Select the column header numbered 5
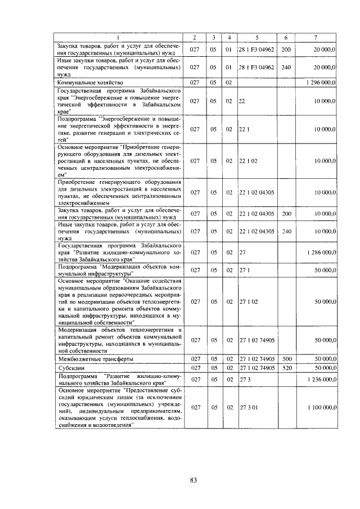pyautogui.click(x=256, y=37)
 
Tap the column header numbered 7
pyautogui.click(x=316, y=37)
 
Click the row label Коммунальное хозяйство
pyautogui.click(x=90, y=82)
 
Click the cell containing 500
pyautogui.click(x=286, y=359)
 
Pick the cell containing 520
pyautogui.click(x=286, y=368)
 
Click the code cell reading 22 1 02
pyautogui.click(x=248, y=160)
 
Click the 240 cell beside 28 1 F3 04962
pyautogui.click(x=286, y=67)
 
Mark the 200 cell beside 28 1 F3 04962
pyautogui.click(x=286, y=50)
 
